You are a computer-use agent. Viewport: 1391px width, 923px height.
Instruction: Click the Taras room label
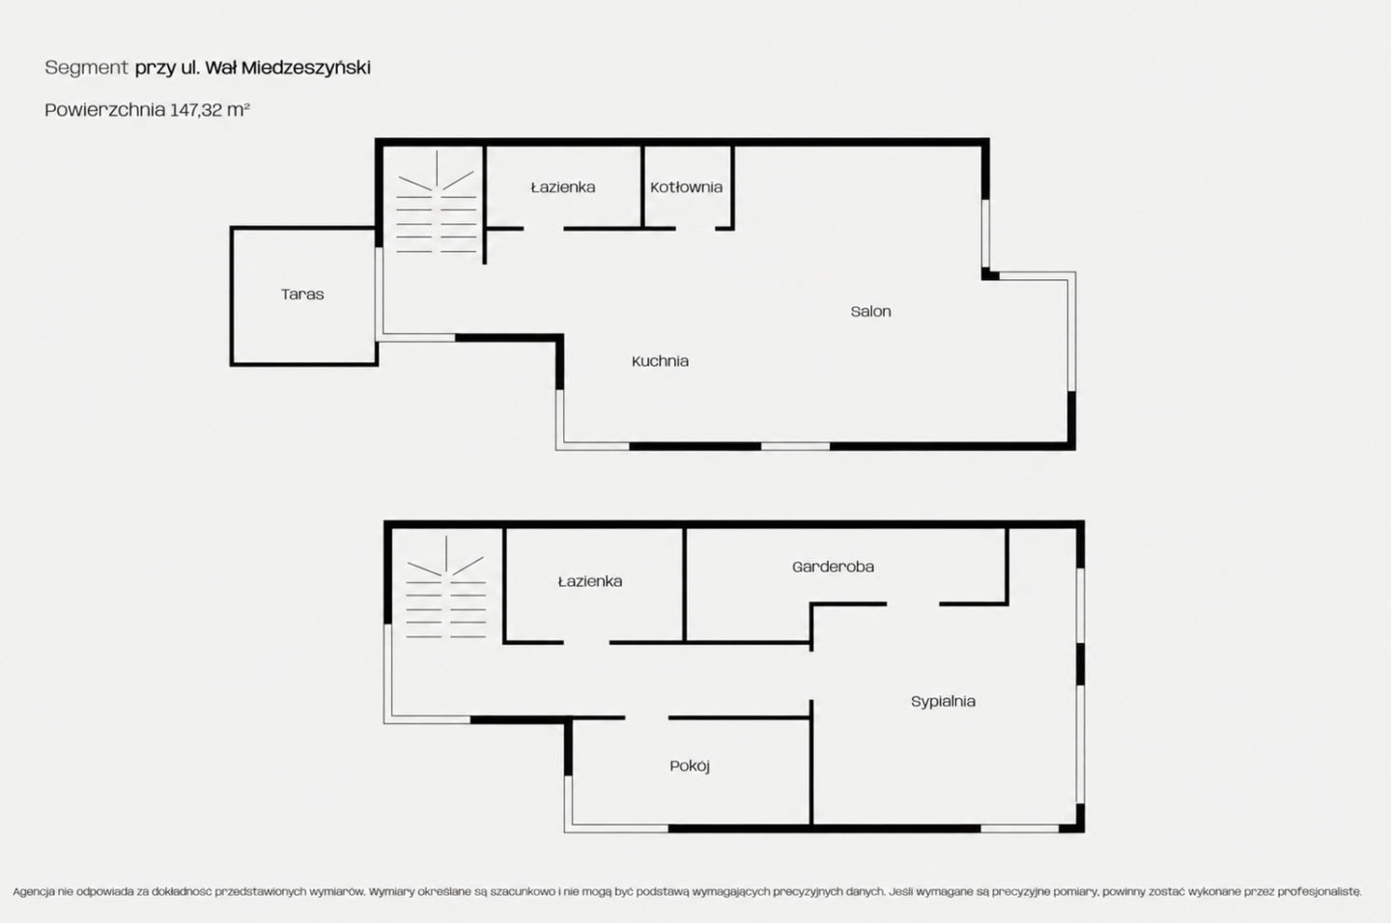tap(302, 294)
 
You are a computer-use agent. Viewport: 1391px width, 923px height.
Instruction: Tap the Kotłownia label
tap(686, 187)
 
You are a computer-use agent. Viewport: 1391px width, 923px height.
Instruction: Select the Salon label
tap(870, 312)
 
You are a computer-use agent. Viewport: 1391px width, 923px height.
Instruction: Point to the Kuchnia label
tap(660, 361)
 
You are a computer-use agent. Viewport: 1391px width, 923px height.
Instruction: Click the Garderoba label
tap(833, 567)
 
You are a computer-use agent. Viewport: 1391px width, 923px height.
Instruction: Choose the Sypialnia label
tap(943, 702)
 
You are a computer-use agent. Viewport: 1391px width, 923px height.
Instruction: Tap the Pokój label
tap(690, 767)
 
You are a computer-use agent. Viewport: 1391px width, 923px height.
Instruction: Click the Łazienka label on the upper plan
tap(563, 187)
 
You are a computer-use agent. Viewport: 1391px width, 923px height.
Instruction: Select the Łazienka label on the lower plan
tap(590, 581)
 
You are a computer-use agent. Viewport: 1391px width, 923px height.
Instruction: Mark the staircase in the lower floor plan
tap(446, 587)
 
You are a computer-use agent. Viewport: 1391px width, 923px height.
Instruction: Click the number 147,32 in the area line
tap(196, 110)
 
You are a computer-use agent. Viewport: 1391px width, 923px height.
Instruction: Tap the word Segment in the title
tap(86, 68)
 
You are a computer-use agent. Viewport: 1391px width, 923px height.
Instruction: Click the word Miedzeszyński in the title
tap(306, 68)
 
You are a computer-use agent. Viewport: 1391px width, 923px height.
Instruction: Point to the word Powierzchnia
tap(105, 110)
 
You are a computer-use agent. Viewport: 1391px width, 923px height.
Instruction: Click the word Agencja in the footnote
tap(34, 892)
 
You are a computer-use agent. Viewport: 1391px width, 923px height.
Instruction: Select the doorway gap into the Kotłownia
tap(695, 229)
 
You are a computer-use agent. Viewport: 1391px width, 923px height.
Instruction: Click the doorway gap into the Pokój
tap(646, 718)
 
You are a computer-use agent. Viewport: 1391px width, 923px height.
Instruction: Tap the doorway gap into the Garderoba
tap(913, 603)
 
